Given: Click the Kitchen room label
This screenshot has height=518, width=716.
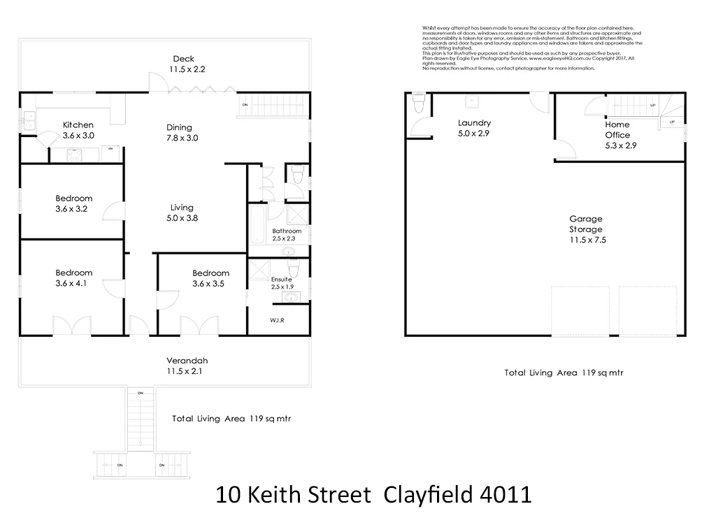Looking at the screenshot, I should click(x=78, y=125).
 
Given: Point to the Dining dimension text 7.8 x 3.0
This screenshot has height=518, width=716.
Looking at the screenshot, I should click(x=182, y=138).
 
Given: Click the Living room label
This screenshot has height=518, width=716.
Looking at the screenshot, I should click(x=182, y=208).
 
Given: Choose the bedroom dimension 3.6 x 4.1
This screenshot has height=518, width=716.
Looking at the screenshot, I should click(x=73, y=283).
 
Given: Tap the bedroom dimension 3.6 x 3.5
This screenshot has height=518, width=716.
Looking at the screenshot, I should click(x=210, y=283).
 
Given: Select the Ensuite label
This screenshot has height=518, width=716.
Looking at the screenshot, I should click(x=281, y=279).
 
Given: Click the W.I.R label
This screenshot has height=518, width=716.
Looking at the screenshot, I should click(x=278, y=321).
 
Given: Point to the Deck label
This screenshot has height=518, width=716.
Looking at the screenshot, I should click(x=184, y=59).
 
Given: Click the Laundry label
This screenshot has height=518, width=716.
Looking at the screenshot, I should click(x=474, y=122).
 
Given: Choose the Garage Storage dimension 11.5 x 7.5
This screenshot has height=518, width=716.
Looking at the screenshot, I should click(x=585, y=240).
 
